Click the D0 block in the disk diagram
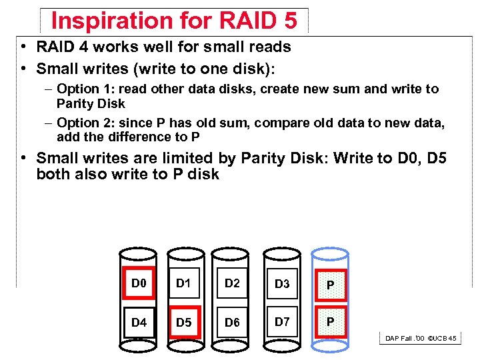pyautogui.click(x=139, y=284)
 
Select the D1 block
pyautogui.click(x=183, y=284)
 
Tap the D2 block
pyautogui.click(x=232, y=284)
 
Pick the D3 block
pyautogui.click(x=282, y=285)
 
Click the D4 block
pyautogui.click(x=139, y=323)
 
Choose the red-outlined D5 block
pyautogui.click(x=183, y=323)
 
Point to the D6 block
pyautogui.click(x=232, y=323)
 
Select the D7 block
pyautogui.click(x=282, y=323)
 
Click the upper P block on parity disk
pyautogui.click(x=329, y=285)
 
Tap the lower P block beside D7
pyautogui.click(x=329, y=323)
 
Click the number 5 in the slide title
pyautogui.click(x=289, y=21)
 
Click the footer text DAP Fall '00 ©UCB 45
pyautogui.click(x=421, y=339)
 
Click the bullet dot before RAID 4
pyautogui.click(x=23, y=47)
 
